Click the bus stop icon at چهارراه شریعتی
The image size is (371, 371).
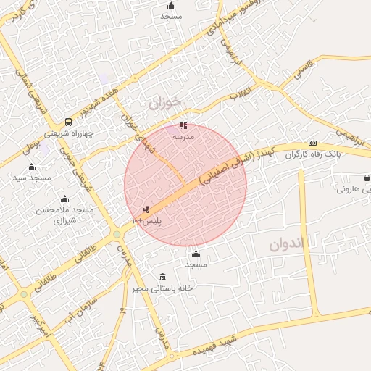click(68, 122)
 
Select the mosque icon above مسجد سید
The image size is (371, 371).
click(31, 167)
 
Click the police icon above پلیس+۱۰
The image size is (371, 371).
click(148, 209)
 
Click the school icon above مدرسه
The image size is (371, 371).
click(183, 125)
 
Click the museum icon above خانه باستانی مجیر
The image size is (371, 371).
click(162, 276)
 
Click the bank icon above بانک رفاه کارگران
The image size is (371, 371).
click(312, 143)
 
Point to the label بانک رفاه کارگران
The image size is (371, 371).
click(312, 154)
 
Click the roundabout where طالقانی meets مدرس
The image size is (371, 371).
click(116, 235)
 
